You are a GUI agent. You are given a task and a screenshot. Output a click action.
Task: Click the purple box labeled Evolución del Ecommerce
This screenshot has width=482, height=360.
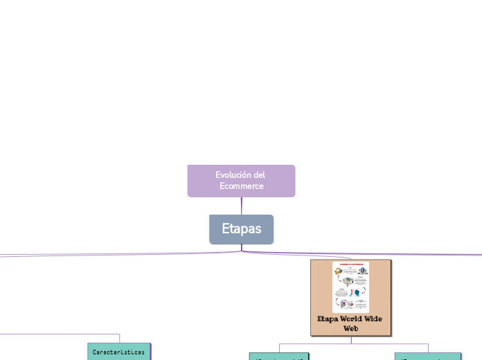pyautogui.click(x=241, y=181)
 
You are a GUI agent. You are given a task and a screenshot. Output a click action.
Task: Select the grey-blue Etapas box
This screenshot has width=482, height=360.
pyautogui.click(x=241, y=229)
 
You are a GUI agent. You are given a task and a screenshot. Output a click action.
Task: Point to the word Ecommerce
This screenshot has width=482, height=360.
pyautogui.click(x=241, y=186)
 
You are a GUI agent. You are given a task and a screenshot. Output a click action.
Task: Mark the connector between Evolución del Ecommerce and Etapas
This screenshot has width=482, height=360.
pyautogui.click(x=242, y=206)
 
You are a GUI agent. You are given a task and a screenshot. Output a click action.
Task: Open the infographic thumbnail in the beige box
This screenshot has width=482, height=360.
pyautogui.click(x=350, y=287)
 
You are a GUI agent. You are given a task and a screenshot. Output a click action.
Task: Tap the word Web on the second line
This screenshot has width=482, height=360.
pyautogui.click(x=351, y=328)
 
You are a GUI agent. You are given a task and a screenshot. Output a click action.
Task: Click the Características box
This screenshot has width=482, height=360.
pyautogui.click(x=118, y=352)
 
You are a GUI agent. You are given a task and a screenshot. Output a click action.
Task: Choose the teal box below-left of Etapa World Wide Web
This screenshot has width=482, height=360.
pyautogui.click(x=279, y=357)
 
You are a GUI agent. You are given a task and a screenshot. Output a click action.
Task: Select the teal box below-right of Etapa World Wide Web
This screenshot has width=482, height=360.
pyautogui.click(x=428, y=357)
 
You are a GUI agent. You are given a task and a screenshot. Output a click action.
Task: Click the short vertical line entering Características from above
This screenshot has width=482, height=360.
pyautogui.click(x=119, y=339)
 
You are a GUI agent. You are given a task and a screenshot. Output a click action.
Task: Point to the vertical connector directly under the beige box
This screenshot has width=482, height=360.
pyautogui.click(x=351, y=340)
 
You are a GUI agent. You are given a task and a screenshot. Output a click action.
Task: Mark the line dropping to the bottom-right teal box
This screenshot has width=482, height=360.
pyautogui.click(x=428, y=348)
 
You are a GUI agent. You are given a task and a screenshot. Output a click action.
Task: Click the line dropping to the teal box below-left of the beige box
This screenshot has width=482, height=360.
pyautogui.click(x=279, y=348)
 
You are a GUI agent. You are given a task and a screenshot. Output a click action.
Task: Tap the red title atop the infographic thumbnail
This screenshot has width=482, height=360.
pyautogui.click(x=350, y=264)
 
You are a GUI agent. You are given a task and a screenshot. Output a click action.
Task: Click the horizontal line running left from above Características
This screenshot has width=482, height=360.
pyautogui.click(x=55, y=334)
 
